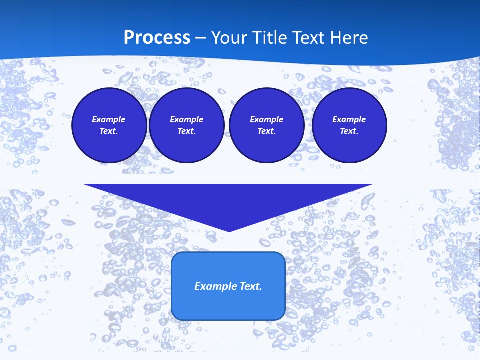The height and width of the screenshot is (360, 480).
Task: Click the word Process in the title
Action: pos(157,38)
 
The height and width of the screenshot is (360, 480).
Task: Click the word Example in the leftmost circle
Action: pos(109,119)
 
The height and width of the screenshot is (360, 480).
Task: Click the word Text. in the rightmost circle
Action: pos(349,131)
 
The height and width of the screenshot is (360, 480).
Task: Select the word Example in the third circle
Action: pos(266,119)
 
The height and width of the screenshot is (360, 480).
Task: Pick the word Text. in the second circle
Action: pos(186,131)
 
